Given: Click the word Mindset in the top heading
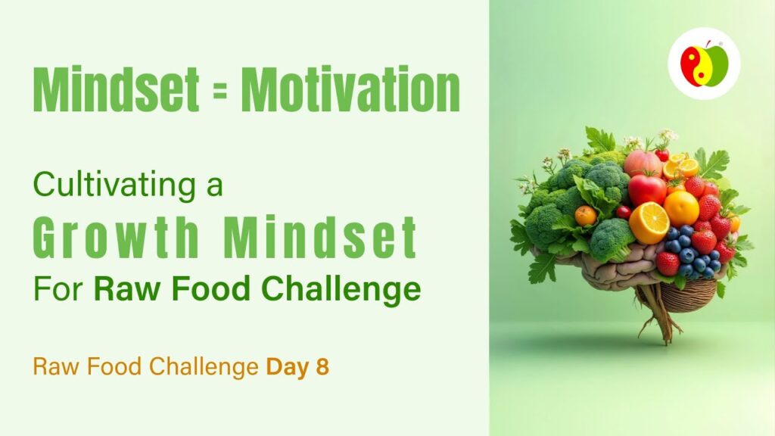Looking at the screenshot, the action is pos(116,89).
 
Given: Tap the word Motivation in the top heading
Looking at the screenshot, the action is pos(350,89).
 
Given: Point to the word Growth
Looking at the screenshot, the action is pos(116,236).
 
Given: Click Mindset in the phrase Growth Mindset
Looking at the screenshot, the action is pos(320,236).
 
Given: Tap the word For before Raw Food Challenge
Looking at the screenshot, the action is pos(58,288).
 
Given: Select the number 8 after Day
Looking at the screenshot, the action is pos(322,367).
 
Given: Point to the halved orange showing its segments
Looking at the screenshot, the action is pos(649,223).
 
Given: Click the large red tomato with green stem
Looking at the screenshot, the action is pos(646,188).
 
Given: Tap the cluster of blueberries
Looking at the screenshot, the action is pos(690,251).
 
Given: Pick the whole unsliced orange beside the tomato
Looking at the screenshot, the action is pos(681,208).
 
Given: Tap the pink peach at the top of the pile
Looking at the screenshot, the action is pos(642,163).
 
